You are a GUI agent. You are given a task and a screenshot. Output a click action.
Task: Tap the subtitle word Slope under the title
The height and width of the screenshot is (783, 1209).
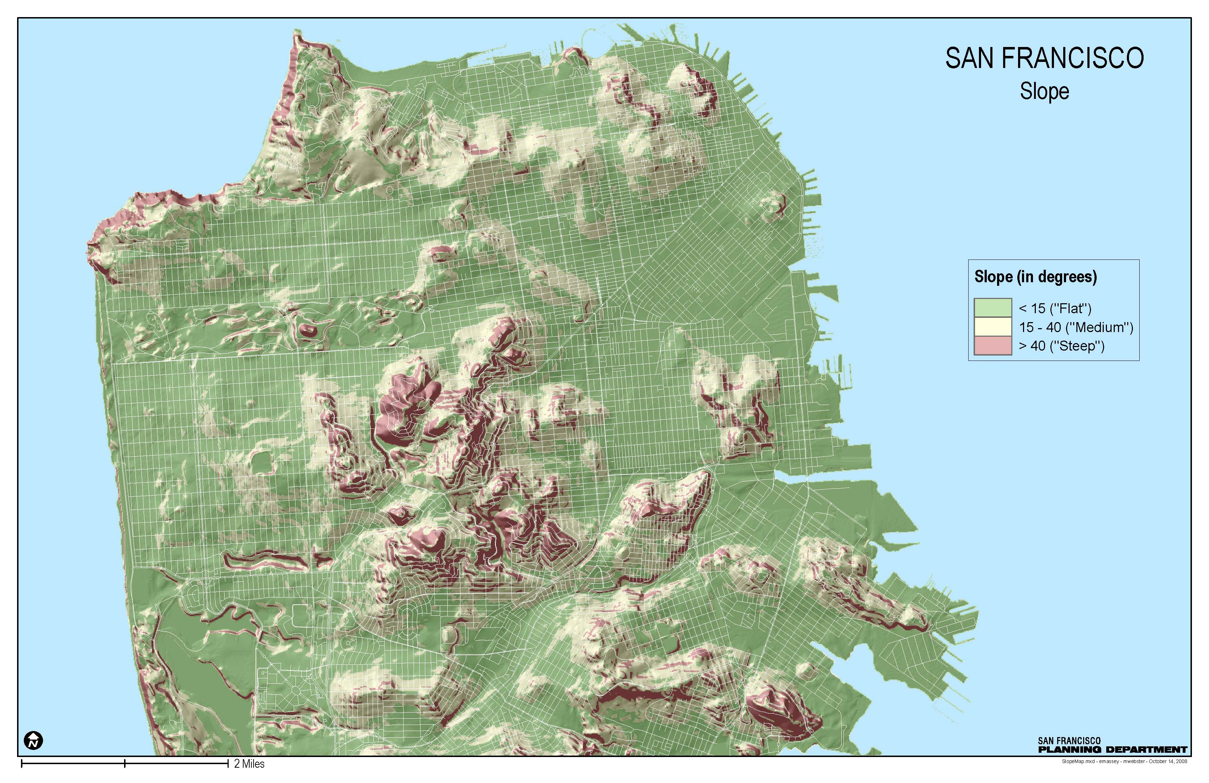1044,91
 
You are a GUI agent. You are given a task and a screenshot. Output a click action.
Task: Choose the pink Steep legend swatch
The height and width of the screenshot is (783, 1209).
992,346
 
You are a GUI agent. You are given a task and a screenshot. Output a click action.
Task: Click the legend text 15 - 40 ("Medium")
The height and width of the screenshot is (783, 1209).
1075,327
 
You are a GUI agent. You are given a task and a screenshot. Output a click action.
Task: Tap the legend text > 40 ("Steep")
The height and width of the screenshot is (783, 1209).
1061,346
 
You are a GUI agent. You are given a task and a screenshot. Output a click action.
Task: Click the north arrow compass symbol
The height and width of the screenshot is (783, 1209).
33,740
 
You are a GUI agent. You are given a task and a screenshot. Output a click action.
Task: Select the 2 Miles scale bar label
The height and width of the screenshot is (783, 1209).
249,764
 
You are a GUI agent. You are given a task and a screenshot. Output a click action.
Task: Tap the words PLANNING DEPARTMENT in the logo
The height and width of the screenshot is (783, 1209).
1113,750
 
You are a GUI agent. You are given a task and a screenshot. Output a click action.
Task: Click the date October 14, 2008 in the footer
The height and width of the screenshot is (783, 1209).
1168,762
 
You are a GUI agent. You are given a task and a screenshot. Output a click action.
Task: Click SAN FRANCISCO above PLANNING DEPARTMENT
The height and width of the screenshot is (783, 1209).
1069,741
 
